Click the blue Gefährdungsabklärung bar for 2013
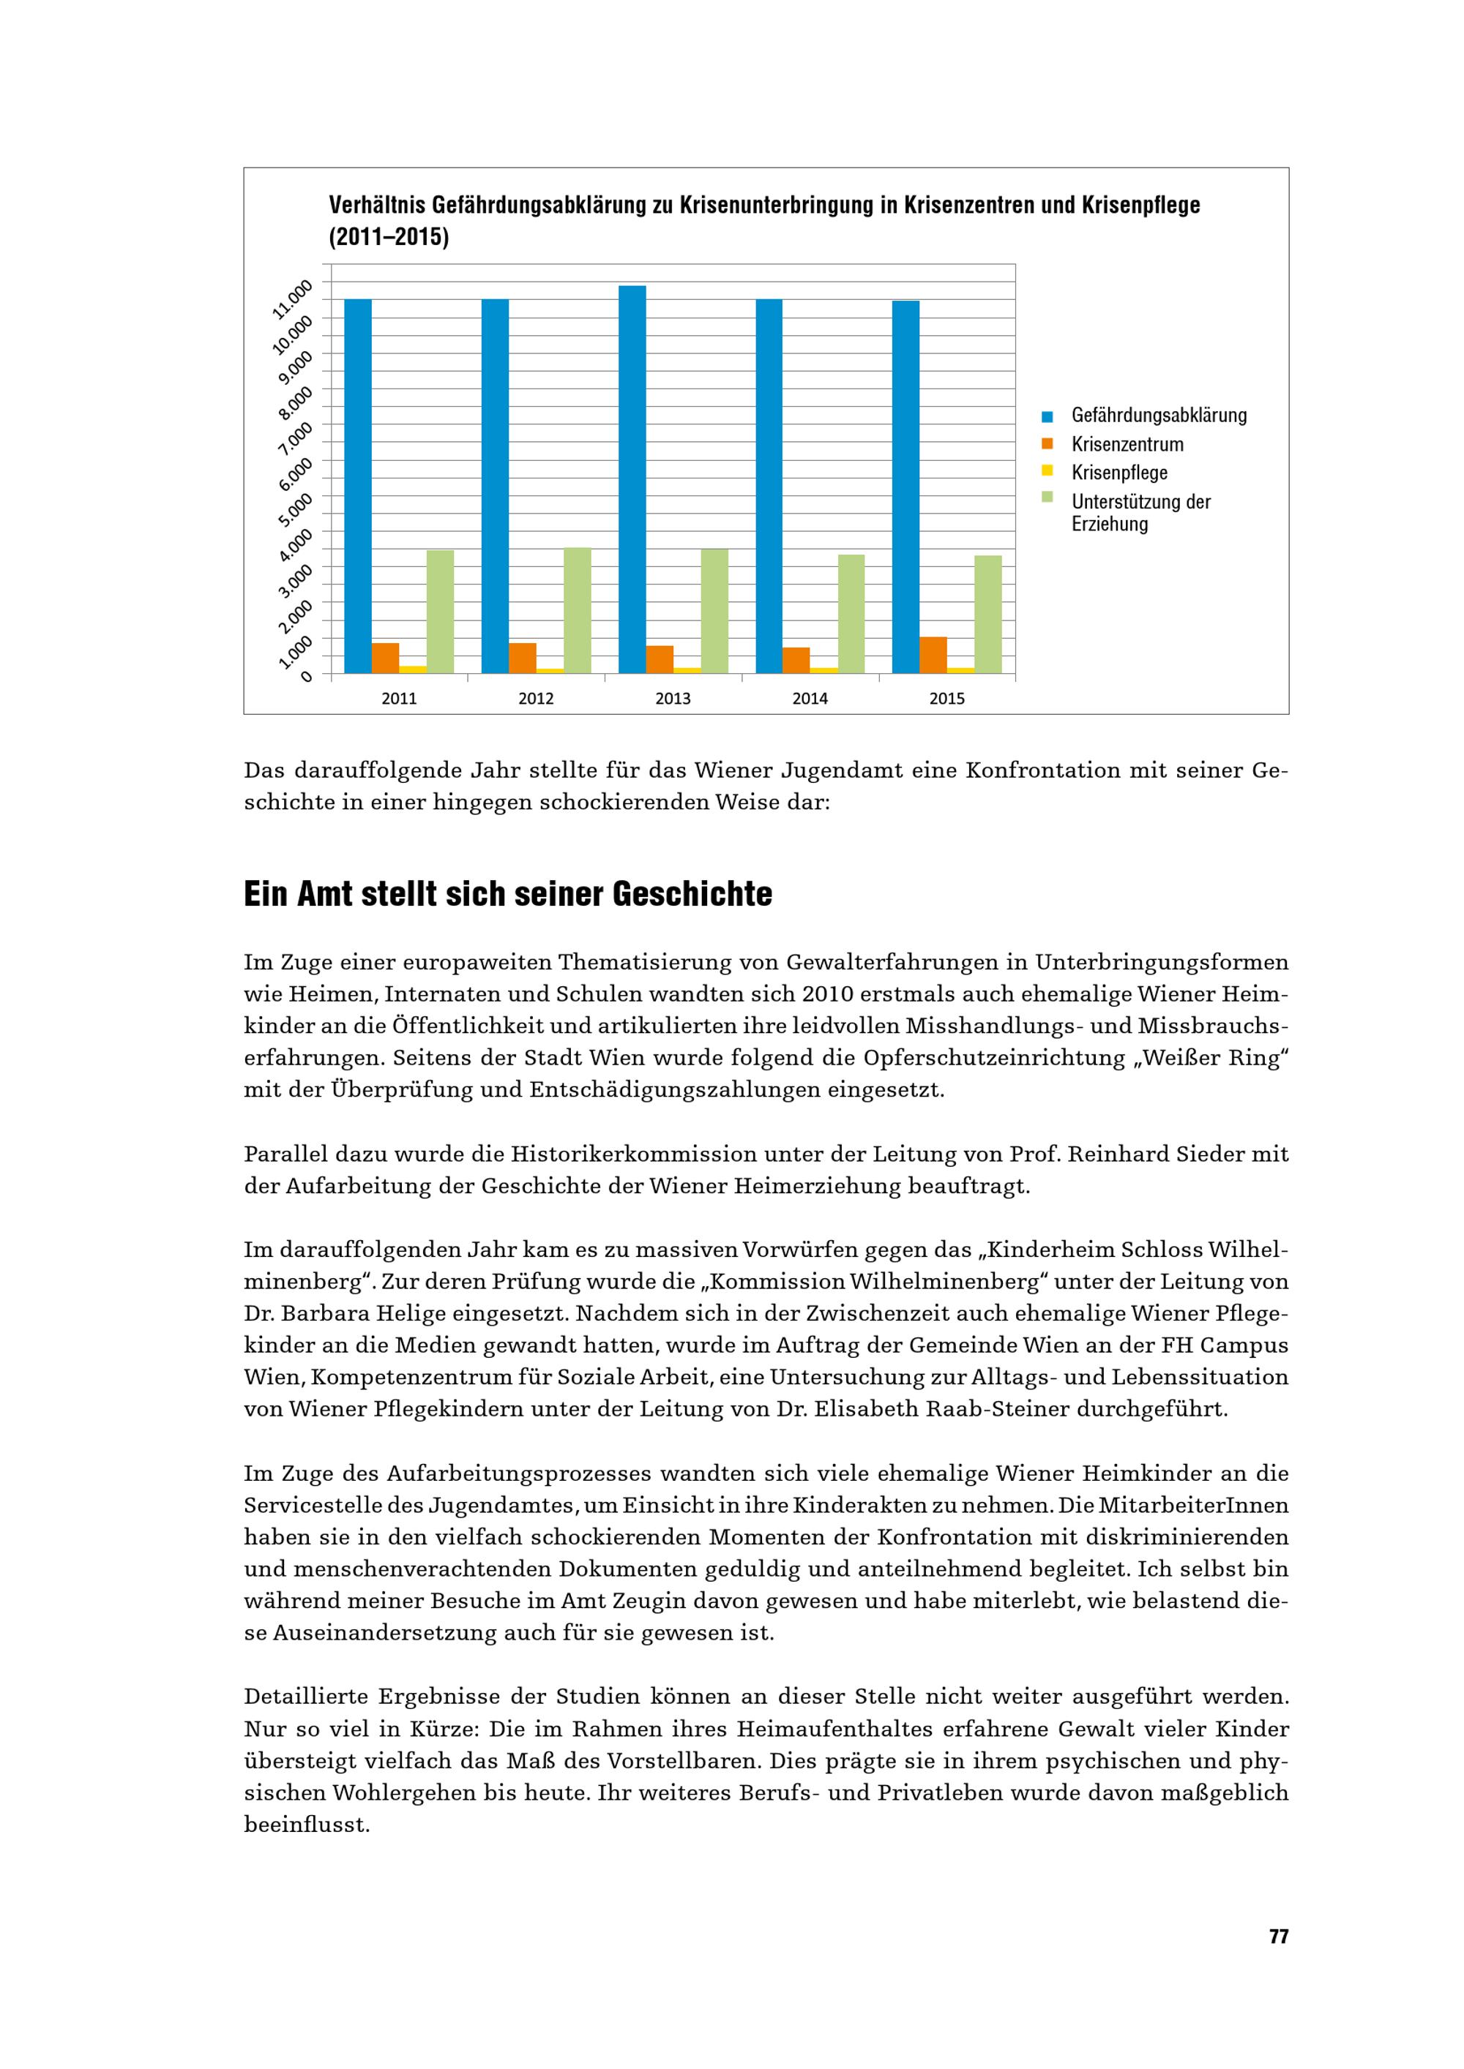pos(632,479)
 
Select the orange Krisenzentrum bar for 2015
pos(933,655)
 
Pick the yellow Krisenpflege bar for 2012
pos(550,670)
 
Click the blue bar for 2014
pos(769,487)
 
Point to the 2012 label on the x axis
pos(536,699)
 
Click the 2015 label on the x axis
pos(946,699)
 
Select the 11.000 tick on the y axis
pos(294,298)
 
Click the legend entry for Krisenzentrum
pos(1127,444)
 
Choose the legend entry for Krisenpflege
pos(1118,473)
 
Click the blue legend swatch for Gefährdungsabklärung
pos(1047,416)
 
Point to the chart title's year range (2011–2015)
pos(389,238)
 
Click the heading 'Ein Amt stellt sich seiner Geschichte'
pos(507,894)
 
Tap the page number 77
pos(1278,1936)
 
